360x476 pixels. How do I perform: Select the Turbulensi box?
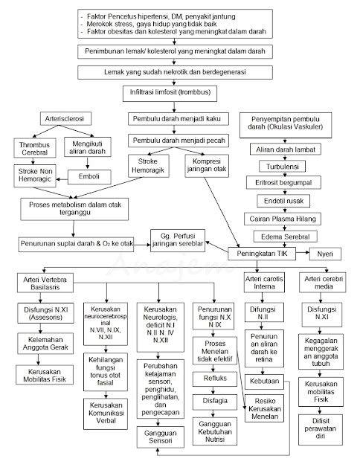279,166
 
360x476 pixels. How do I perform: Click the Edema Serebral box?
279,236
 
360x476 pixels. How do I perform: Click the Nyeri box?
326,255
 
